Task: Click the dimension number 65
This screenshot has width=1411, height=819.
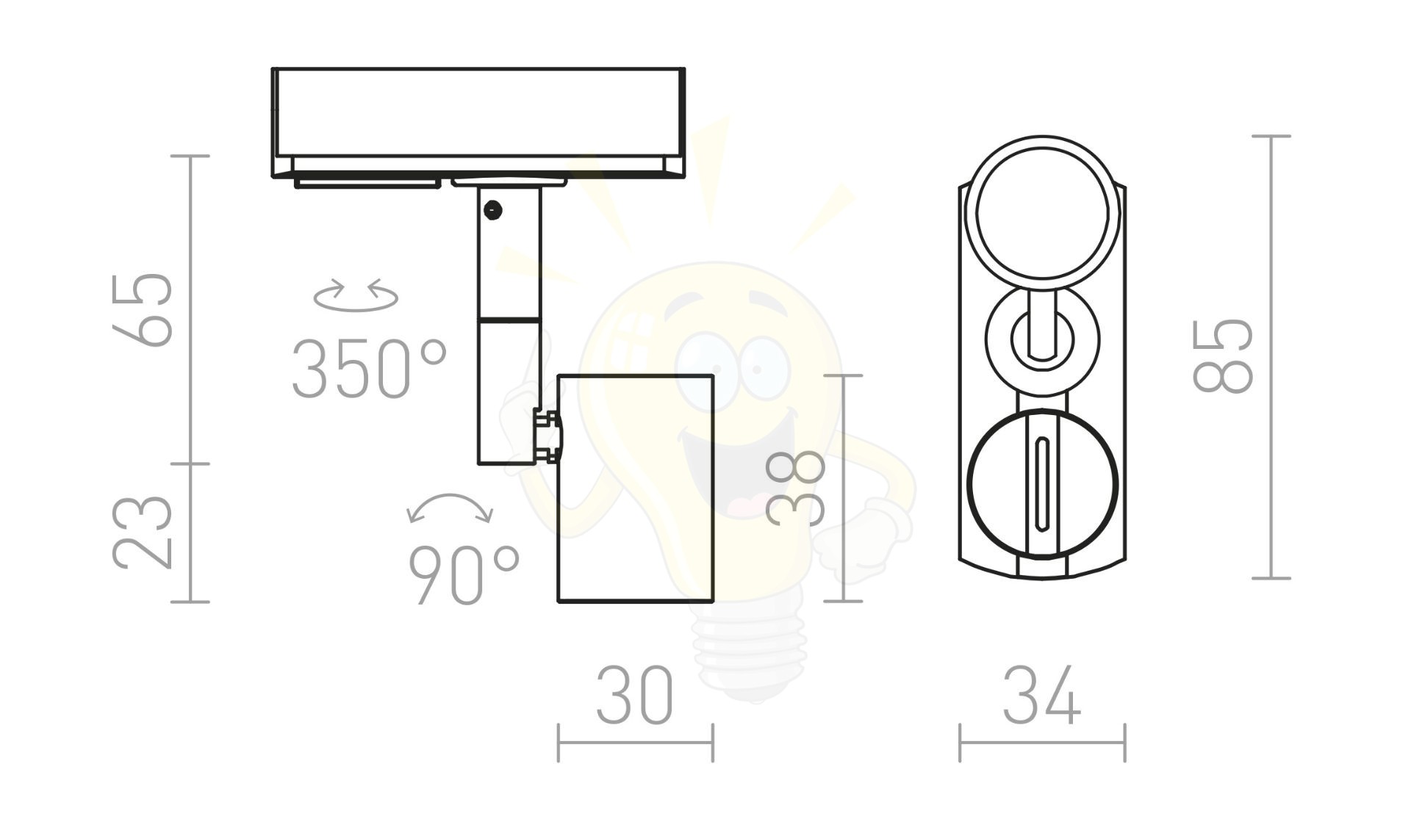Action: click(143, 309)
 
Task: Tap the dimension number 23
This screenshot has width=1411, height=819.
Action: click(143, 532)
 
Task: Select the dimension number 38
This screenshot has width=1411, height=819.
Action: click(796, 488)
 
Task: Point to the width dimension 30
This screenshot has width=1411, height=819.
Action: click(634, 695)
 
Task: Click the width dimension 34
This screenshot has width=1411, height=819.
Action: click(1042, 695)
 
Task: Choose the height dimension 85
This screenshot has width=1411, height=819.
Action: click(1223, 356)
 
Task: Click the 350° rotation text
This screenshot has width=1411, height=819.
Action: click(369, 369)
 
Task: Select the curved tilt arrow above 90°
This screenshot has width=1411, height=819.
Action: click(450, 497)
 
